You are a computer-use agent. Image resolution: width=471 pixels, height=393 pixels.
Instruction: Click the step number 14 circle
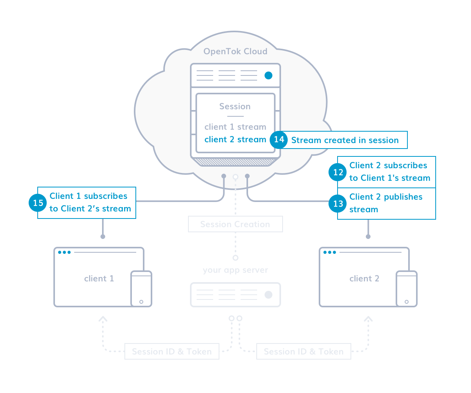pyautogui.click(x=279, y=140)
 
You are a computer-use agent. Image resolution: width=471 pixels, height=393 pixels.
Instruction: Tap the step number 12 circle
pyautogui.click(x=338, y=172)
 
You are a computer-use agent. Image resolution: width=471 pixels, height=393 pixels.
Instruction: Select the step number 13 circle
pyautogui.click(x=338, y=204)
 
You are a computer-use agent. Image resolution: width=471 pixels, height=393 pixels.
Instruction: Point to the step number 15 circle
pyautogui.click(x=38, y=203)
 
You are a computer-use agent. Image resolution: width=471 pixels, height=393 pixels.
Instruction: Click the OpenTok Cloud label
pyautogui.click(x=235, y=51)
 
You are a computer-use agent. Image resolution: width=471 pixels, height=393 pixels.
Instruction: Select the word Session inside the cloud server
pyautogui.click(x=235, y=106)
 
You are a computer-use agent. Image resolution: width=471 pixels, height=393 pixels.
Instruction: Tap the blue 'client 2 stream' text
pyautogui.click(x=235, y=140)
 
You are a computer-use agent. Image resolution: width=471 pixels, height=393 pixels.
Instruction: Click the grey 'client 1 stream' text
pyautogui.click(x=235, y=127)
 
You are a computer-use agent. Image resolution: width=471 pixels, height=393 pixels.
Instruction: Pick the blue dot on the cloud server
pyautogui.click(x=268, y=75)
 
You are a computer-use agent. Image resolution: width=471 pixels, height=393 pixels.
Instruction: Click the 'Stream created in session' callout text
pyautogui.click(x=345, y=140)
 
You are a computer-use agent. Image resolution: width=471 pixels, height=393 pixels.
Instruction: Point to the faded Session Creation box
pyautogui.click(x=235, y=224)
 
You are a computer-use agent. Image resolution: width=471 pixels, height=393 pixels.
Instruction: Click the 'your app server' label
pyautogui.click(x=235, y=270)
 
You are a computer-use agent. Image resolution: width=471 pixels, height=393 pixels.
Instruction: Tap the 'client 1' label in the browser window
pyautogui.click(x=99, y=278)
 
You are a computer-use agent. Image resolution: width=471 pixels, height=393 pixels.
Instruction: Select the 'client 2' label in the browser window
pyautogui.click(x=364, y=278)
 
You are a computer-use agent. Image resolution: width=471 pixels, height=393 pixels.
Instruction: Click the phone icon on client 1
pyautogui.click(x=141, y=288)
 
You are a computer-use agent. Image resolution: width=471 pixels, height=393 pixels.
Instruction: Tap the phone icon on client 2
pyautogui.click(x=407, y=288)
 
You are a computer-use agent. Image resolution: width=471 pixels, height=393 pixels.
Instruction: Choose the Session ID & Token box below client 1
pyautogui.click(x=172, y=351)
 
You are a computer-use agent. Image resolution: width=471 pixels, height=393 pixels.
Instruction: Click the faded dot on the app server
pyautogui.click(x=268, y=294)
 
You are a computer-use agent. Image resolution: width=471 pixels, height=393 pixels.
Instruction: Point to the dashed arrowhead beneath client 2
pyautogui.click(x=368, y=318)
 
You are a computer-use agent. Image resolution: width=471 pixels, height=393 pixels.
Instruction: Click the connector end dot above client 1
pyautogui.click(x=102, y=237)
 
